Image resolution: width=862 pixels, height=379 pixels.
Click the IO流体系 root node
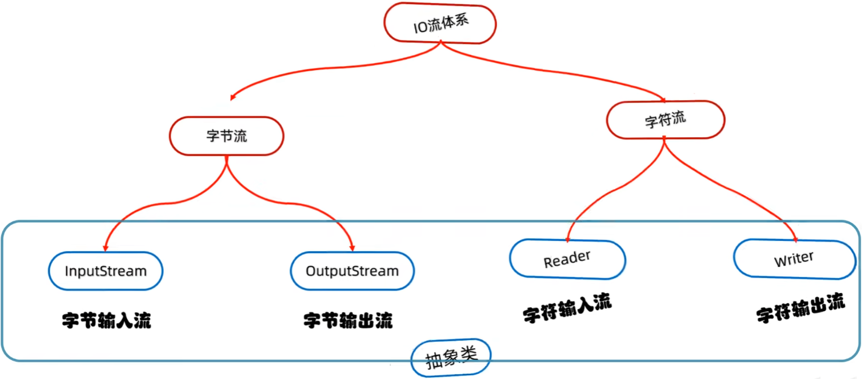point(440,23)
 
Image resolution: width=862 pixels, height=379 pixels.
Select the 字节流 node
point(227,136)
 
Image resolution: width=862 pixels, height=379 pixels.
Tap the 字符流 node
point(665,120)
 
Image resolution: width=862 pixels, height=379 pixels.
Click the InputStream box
point(105,271)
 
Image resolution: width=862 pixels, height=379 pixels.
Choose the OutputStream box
point(352,271)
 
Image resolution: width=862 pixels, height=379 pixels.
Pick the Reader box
point(567,259)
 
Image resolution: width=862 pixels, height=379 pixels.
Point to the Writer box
point(795,259)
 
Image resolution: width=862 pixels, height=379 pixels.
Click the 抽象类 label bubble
point(451,358)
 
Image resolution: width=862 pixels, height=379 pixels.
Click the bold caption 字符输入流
point(567,308)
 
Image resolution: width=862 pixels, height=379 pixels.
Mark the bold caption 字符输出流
point(800,308)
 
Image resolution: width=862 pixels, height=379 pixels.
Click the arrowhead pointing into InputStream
point(105,248)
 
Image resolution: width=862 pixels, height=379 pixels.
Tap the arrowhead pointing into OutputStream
point(352,248)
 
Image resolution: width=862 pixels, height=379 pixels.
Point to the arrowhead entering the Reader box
point(568,239)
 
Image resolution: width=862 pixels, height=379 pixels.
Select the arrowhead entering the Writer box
point(795,239)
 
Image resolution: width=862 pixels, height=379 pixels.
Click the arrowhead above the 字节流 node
point(232,97)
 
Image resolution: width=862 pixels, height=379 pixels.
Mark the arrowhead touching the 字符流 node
point(663,101)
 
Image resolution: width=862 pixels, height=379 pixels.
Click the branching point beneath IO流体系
point(440,42)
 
